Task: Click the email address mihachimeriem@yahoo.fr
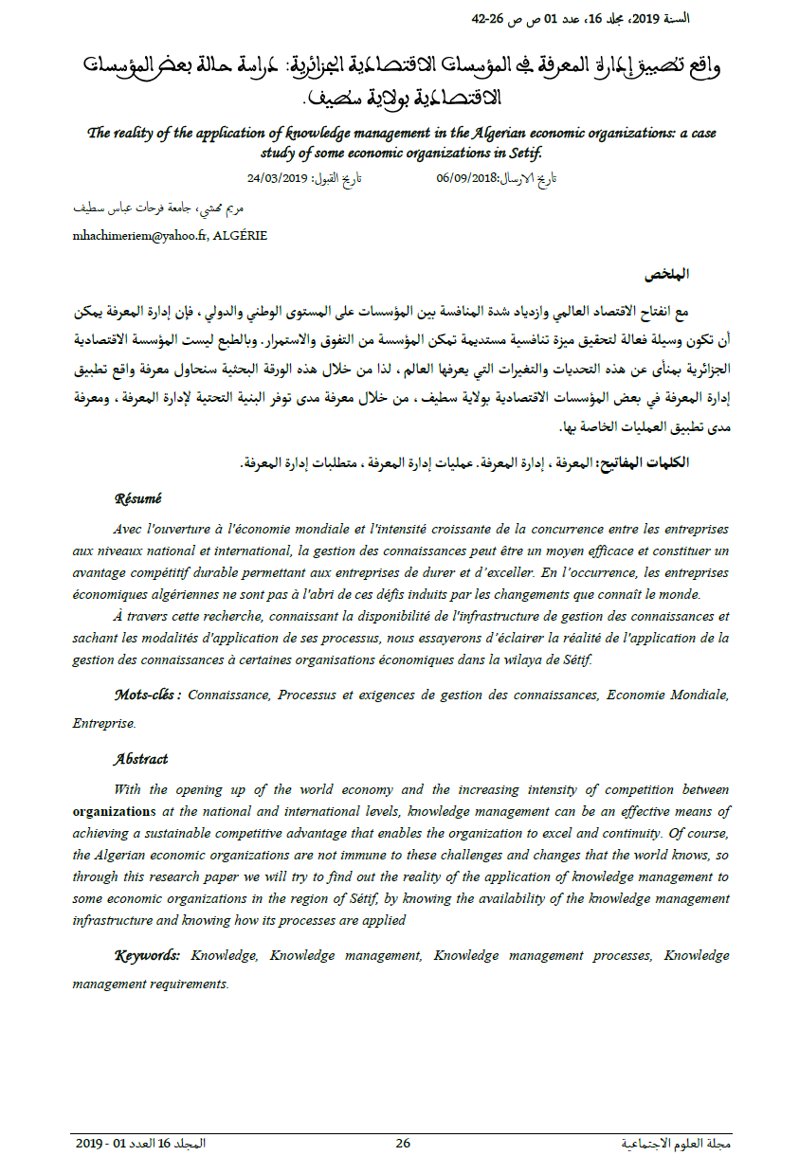point(141,236)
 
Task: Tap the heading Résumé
point(137,498)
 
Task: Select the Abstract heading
point(140,759)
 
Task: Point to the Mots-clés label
point(147,695)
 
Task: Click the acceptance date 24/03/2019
point(273,178)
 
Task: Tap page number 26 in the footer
point(403,1144)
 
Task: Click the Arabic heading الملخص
point(667,275)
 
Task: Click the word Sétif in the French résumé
point(572,660)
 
